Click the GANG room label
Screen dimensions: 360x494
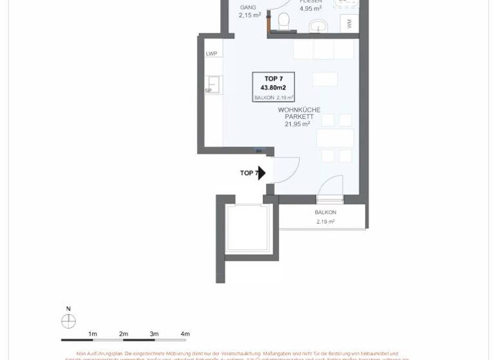coord(247,7)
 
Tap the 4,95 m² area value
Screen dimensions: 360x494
coord(311,9)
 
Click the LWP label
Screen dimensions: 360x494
coord(212,54)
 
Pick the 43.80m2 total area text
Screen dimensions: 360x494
coord(273,87)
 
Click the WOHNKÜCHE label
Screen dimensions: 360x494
coord(298,110)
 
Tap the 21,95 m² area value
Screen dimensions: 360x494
coord(297,124)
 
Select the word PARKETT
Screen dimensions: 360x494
coord(298,117)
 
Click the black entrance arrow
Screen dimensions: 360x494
coord(261,172)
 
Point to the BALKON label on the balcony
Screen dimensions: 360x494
coord(325,212)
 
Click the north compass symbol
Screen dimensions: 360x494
coord(68,321)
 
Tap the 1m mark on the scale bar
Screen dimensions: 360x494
coord(93,334)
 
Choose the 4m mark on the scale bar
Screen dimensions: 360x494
coord(185,334)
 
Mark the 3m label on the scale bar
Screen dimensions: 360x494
coord(154,334)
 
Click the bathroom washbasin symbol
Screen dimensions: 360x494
coord(318,26)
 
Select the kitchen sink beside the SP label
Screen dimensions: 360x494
coord(214,84)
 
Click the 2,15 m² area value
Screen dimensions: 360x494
coord(249,15)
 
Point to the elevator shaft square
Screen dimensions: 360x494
coord(248,229)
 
